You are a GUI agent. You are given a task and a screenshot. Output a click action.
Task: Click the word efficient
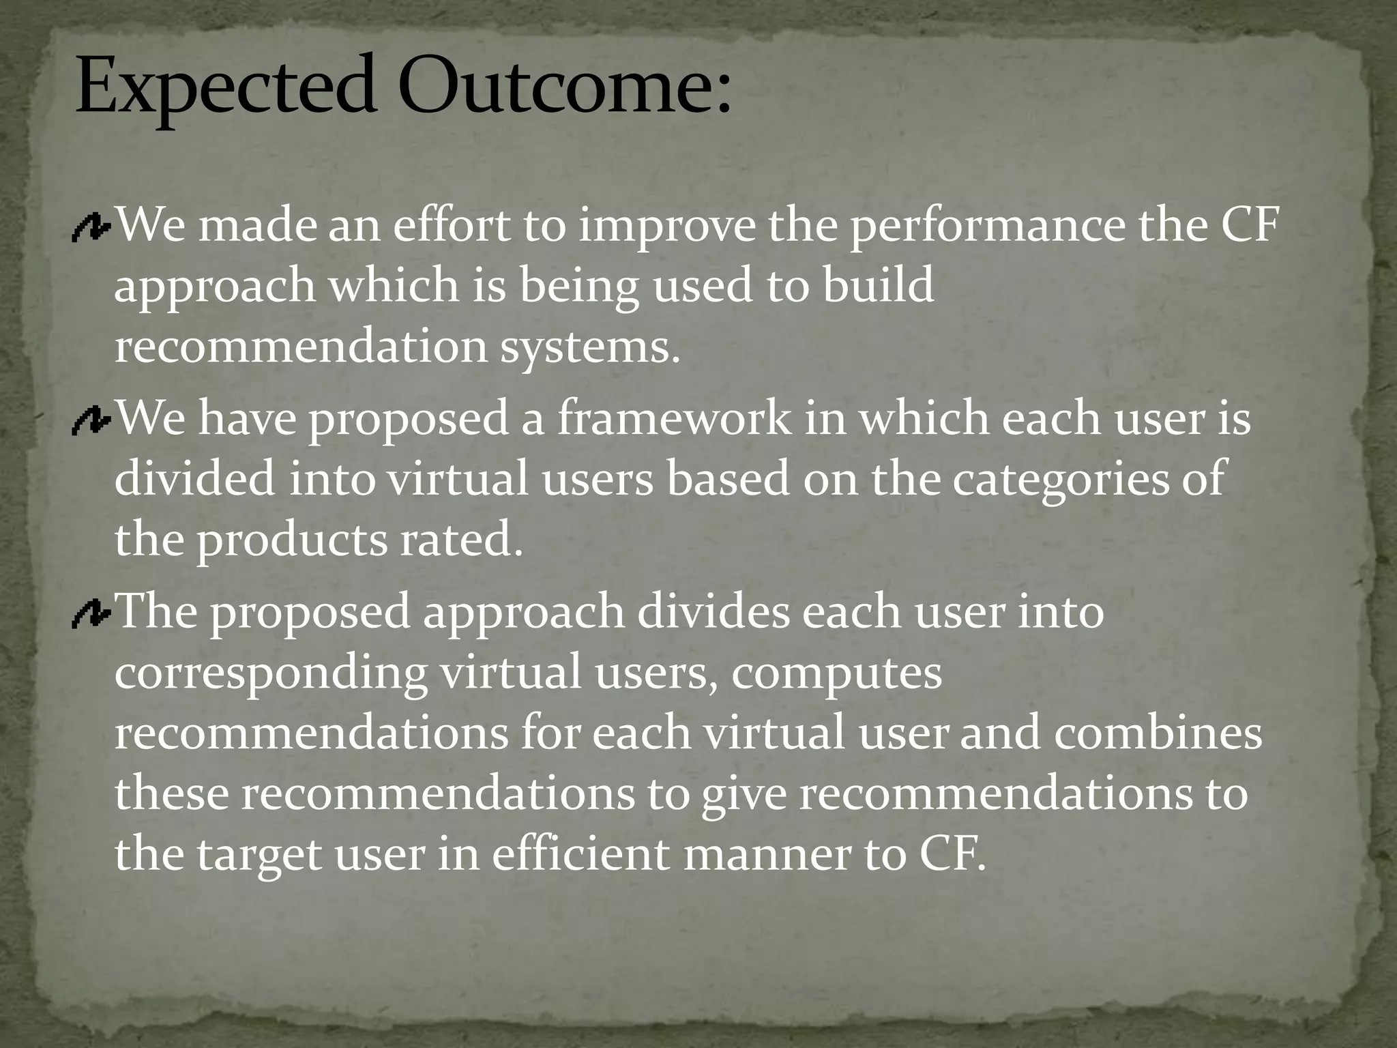point(580,854)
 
